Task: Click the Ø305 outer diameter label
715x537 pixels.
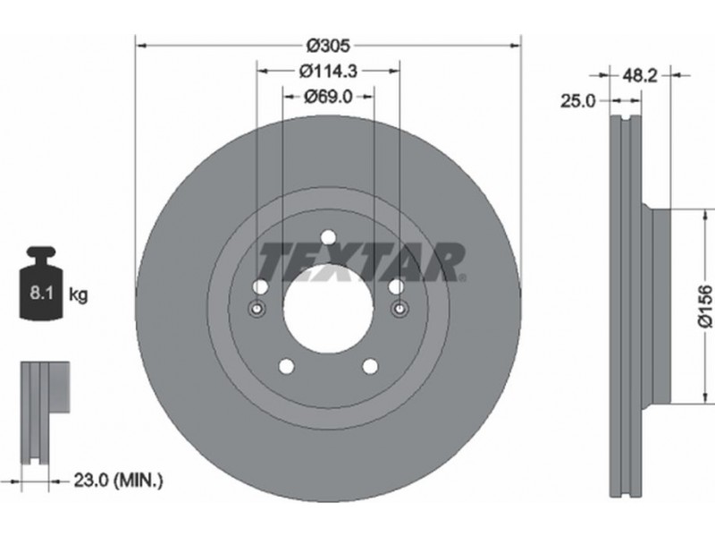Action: pos(328,46)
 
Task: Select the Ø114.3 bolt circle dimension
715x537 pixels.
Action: pos(328,71)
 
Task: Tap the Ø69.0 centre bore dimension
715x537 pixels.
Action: pos(328,97)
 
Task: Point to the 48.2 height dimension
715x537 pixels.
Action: pos(640,75)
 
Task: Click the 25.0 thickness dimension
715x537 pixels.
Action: pos(578,101)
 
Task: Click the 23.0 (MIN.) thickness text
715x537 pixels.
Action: pos(118,480)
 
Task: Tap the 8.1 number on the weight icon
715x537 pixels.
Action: pos(41,293)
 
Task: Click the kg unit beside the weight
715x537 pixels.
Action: pos(78,295)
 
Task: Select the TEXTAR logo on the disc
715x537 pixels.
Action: pos(362,261)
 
